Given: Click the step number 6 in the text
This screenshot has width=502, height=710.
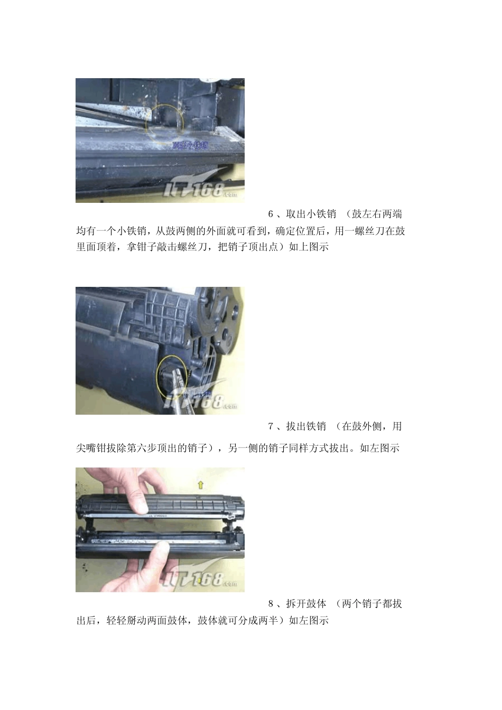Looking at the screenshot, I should coord(271,214).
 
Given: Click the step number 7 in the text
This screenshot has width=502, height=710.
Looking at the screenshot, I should coord(271,426).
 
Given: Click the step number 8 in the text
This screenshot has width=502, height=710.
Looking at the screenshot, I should coord(271,603).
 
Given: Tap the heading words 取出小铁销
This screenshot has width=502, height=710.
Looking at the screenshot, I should coord(311,214).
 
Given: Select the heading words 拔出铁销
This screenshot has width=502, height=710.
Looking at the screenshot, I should coord(306,426).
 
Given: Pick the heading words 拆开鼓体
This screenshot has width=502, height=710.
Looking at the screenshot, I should coord(306,603).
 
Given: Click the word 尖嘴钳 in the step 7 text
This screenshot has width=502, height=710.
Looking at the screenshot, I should coord(91,449).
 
